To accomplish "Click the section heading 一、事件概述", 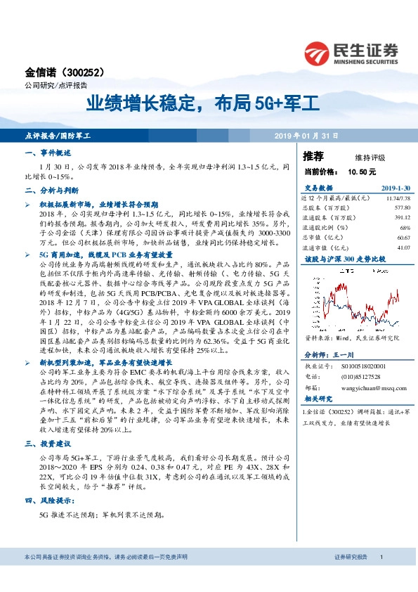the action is pyautogui.click(x=48, y=152).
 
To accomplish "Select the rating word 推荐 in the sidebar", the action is pyautogui.click(x=313, y=155).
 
